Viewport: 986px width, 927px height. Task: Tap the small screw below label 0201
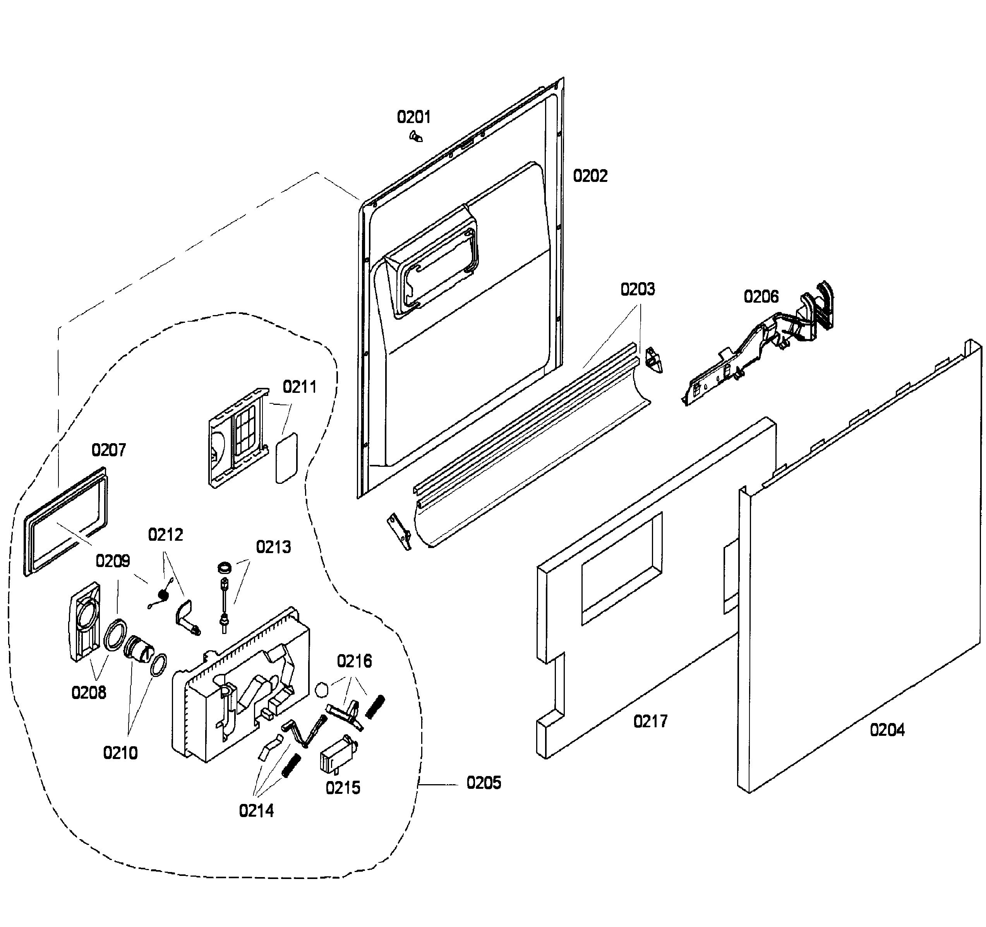[416, 136]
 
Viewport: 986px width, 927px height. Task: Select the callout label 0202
[590, 176]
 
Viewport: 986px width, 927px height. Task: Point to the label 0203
[638, 289]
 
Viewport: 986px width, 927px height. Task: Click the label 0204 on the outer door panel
[887, 730]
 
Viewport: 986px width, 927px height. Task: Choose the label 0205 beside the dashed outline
[484, 783]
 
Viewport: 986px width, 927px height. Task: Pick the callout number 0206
[761, 296]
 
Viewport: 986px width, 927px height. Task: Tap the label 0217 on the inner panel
[651, 721]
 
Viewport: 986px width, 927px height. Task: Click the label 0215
[343, 788]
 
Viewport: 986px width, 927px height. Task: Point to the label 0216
[354, 661]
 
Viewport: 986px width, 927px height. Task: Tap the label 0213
[273, 547]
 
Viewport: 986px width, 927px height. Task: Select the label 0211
[300, 387]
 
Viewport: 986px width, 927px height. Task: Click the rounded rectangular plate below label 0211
[287, 457]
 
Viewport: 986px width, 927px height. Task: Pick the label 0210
[120, 753]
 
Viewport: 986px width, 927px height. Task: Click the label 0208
[89, 692]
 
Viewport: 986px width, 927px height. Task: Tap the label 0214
[256, 811]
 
